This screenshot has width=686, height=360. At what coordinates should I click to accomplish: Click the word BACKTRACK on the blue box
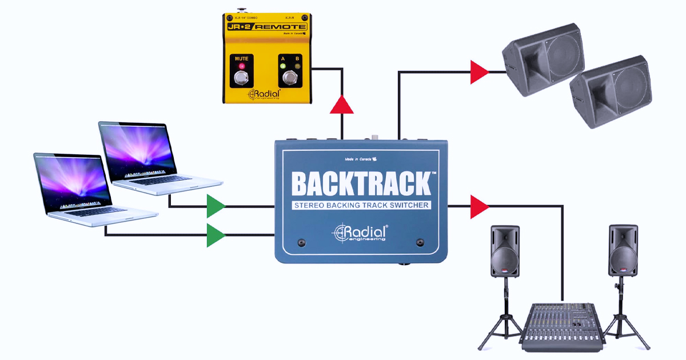tap(361, 183)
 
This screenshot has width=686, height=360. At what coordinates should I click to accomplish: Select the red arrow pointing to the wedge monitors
tap(478, 72)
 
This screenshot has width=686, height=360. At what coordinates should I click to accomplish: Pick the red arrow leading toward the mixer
tap(478, 206)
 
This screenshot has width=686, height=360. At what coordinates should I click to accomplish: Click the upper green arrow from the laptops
tap(216, 206)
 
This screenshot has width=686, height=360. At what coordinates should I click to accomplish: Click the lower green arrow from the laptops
tap(216, 235)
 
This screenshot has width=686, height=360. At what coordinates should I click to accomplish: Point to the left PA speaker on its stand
tap(505, 251)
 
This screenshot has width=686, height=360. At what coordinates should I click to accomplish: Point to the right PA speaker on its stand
tap(623, 251)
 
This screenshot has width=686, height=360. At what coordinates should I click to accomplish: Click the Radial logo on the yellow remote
tap(264, 94)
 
